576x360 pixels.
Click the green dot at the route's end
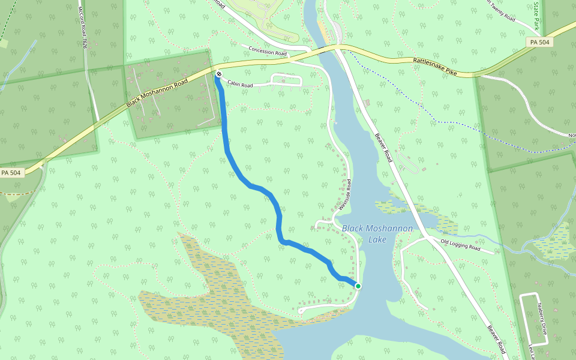click(x=358, y=286)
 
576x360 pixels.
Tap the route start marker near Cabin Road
click(x=218, y=74)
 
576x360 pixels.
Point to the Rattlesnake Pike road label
click(x=435, y=66)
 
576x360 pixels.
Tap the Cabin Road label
click(x=240, y=85)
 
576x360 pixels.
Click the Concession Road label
click(x=268, y=52)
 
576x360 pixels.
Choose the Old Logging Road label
click(x=461, y=244)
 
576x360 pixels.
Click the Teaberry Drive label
click(x=542, y=318)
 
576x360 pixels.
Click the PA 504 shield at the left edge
click(x=11, y=173)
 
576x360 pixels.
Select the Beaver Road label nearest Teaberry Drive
click(x=496, y=340)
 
